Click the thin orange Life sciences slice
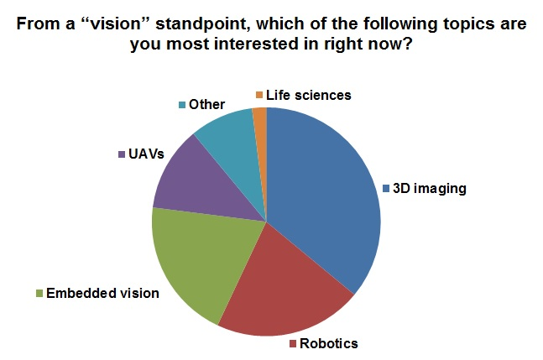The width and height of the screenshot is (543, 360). tap(260, 117)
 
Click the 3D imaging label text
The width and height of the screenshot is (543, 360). tap(429, 188)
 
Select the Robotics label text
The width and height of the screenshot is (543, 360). tap(329, 343)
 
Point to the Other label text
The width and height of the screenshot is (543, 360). tap(207, 105)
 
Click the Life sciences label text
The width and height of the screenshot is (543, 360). tap(309, 95)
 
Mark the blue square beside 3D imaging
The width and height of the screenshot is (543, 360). tap(387, 188)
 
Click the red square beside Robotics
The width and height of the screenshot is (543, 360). tap(293, 343)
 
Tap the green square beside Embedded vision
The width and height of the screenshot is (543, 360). tap(39, 293)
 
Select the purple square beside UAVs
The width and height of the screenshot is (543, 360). tap(121, 155)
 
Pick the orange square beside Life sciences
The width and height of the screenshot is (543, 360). tap(260, 95)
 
